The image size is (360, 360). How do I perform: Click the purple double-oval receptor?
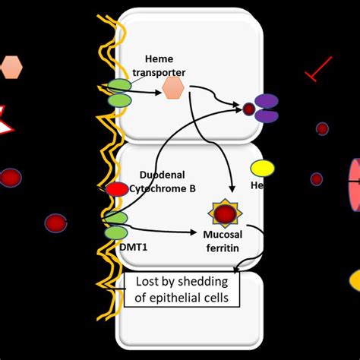click(266, 108)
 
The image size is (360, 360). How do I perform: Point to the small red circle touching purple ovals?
click(248, 109)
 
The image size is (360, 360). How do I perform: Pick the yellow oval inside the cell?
click(263, 168)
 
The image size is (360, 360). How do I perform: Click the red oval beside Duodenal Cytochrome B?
click(117, 189)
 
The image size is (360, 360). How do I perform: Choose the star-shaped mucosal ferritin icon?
click(225, 215)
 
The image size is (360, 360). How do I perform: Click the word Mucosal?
click(223, 236)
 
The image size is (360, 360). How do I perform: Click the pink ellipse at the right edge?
click(355, 182)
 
